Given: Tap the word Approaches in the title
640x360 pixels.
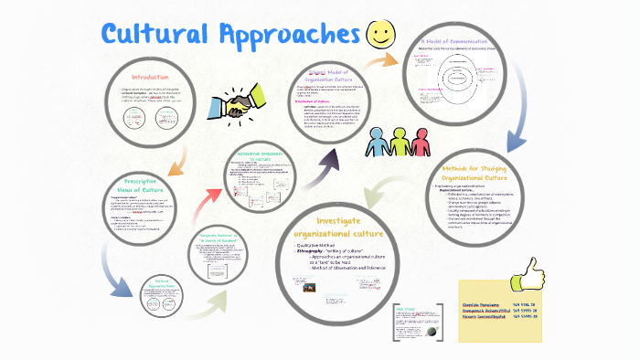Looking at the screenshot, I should [x=287, y=37].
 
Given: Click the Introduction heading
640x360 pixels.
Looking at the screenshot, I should [x=150, y=77].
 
